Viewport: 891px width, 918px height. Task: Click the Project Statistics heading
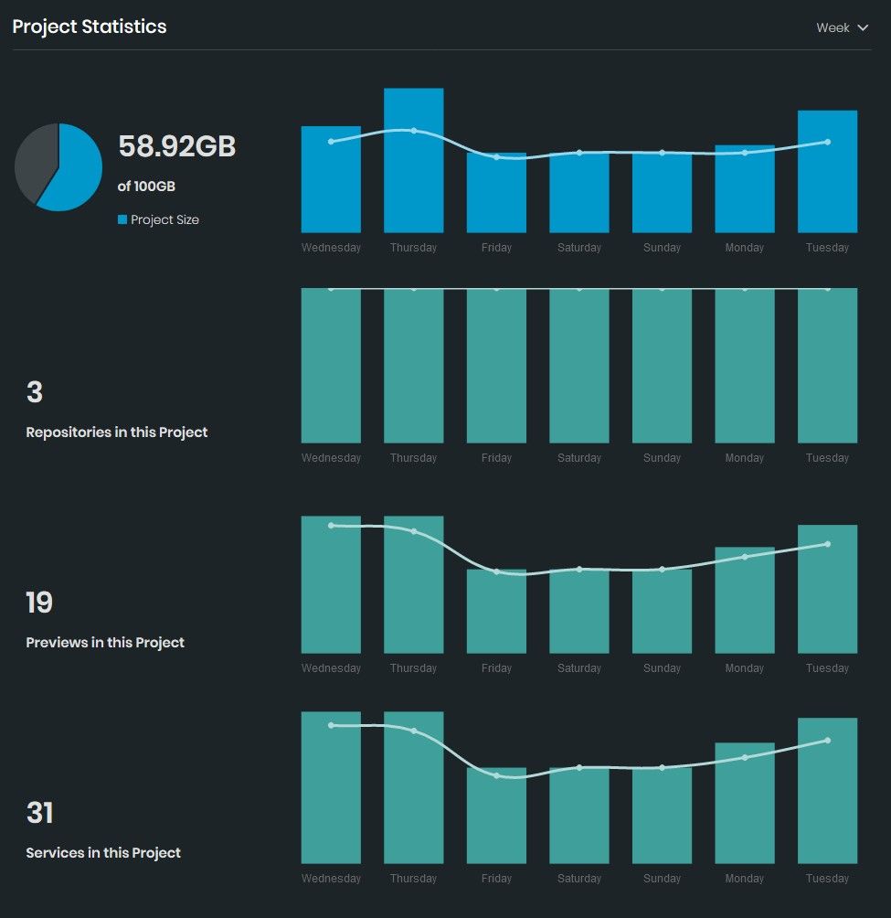coord(90,27)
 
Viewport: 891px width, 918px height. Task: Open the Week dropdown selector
coord(842,28)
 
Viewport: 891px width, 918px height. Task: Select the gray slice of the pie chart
coord(35,160)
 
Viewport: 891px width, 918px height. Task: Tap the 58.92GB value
coord(177,146)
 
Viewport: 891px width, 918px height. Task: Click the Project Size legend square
coord(122,219)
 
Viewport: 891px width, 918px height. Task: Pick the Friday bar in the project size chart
coord(496,197)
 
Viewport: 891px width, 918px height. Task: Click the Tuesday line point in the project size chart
coord(827,142)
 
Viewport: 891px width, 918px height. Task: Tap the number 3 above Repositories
coord(35,392)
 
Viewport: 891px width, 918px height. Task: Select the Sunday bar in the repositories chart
coord(662,366)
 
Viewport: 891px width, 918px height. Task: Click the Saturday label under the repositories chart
coord(579,458)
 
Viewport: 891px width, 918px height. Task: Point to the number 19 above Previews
coord(39,603)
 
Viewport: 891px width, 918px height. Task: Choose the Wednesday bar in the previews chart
coord(331,590)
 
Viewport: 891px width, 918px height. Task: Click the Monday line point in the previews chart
coord(745,557)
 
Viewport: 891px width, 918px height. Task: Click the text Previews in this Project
coord(105,643)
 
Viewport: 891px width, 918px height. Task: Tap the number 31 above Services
coord(39,813)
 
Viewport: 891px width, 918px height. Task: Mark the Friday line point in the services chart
coord(496,775)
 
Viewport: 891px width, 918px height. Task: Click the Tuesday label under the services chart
coord(827,879)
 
